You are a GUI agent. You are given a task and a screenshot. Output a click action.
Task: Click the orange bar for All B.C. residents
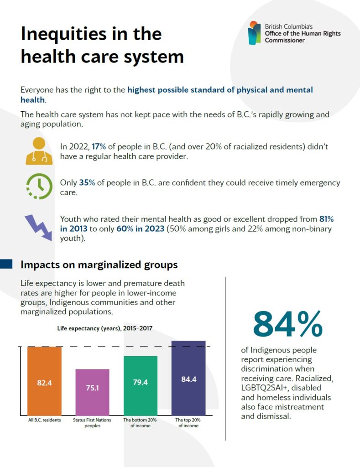(x=44, y=381)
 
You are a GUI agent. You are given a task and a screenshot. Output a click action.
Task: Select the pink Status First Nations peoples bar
(x=92, y=392)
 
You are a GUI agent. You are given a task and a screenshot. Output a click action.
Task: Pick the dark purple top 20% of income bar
(x=188, y=378)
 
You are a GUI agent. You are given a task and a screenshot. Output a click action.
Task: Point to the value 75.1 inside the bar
(x=92, y=387)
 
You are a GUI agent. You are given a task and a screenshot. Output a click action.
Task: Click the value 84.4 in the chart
(x=188, y=379)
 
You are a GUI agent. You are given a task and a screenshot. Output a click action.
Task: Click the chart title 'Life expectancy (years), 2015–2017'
(x=104, y=328)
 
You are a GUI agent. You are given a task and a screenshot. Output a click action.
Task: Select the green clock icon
(x=39, y=186)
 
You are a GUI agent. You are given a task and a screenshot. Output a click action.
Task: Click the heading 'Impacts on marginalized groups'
(x=99, y=265)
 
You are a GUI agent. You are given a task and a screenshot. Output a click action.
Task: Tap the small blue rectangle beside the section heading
(x=6, y=264)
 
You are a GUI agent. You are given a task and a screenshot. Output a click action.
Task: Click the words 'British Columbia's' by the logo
(x=289, y=26)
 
